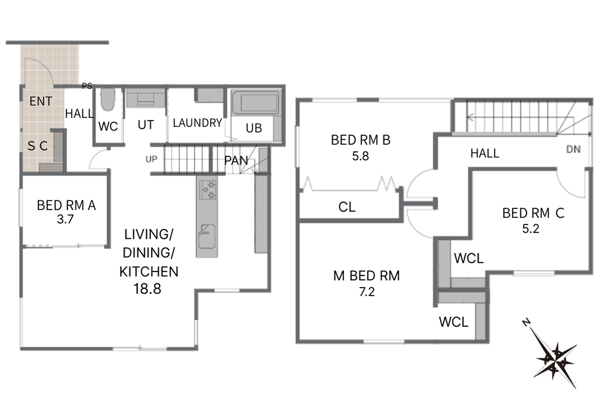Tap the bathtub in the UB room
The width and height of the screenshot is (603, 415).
[255, 103]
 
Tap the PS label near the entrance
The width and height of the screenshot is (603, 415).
[87, 86]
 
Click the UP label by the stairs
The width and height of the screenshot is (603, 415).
[152, 159]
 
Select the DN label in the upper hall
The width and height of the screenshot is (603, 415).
[573, 149]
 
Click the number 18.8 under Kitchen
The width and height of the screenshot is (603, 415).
[147, 289]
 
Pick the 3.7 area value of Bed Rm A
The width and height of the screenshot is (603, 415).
[65, 219]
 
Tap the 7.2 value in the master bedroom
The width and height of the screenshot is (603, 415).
[367, 292]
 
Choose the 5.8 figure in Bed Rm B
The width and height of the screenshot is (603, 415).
[360, 156]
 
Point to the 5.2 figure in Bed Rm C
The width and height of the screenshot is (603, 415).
[531, 229]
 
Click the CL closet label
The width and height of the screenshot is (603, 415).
[347, 207]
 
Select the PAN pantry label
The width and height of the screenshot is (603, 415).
[236, 161]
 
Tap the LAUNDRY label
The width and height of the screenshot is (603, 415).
[197, 123]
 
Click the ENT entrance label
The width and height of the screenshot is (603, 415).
[41, 101]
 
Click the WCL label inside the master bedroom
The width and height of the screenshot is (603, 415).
[454, 322]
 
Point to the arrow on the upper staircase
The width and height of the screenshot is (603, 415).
[521, 118]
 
